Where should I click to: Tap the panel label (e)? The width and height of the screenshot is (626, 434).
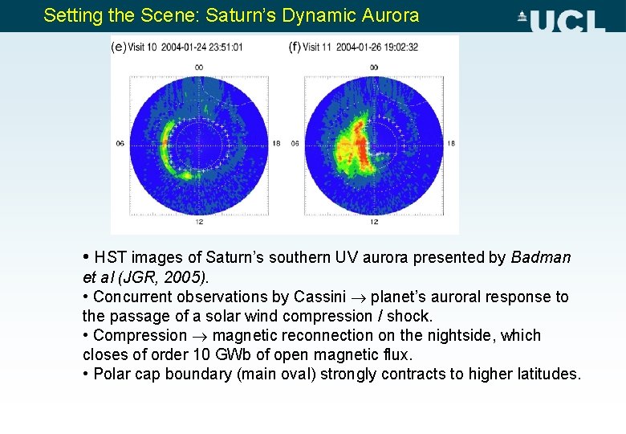pyautogui.click(x=118, y=47)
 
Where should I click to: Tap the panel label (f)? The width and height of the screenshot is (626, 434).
pyautogui.click(x=295, y=47)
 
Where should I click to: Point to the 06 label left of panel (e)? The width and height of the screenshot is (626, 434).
pyautogui.click(x=120, y=144)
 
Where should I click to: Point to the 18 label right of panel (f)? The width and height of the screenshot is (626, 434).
pyautogui.click(x=450, y=144)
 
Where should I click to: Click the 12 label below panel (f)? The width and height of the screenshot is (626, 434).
pyautogui.click(x=373, y=221)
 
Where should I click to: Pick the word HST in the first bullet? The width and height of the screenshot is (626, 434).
pyautogui.click(x=111, y=258)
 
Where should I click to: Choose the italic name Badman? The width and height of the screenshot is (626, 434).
pyautogui.click(x=541, y=258)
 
